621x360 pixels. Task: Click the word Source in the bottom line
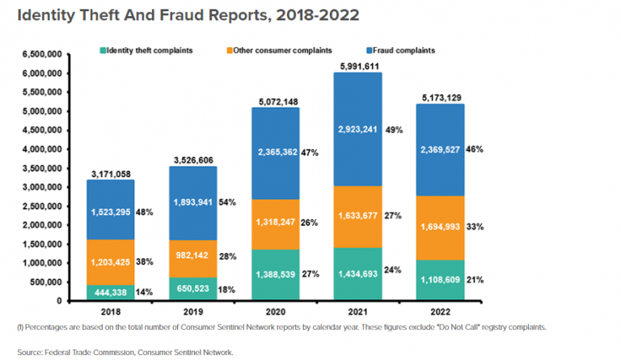(x=28, y=351)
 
